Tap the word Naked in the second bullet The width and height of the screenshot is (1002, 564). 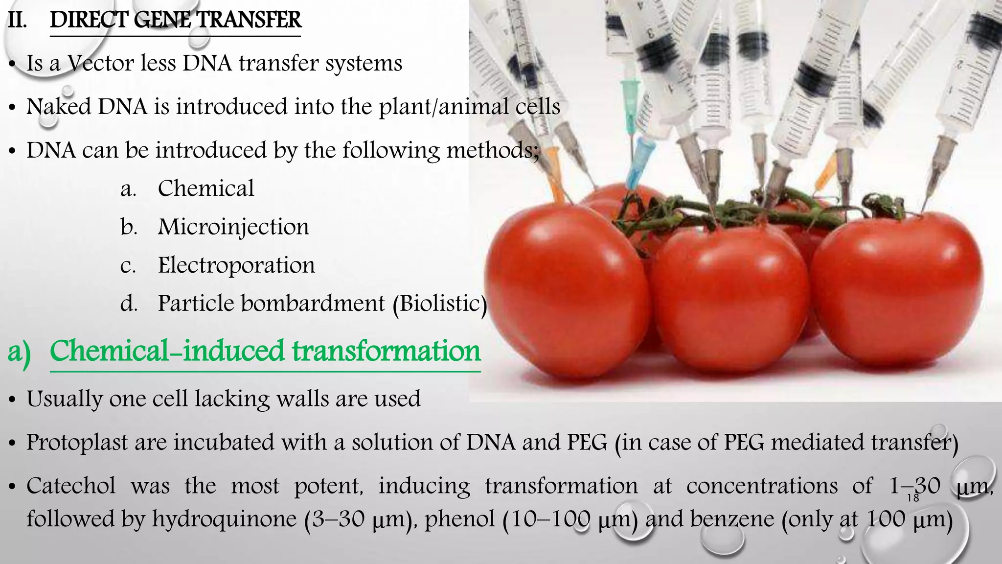tap(59, 107)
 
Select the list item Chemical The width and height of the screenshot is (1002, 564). tap(205, 188)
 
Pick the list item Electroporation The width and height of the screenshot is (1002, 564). tap(236, 265)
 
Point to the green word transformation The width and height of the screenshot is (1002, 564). tap(387, 352)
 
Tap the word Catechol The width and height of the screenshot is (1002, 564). tap(71, 486)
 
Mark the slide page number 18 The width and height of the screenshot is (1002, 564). tap(913, 498)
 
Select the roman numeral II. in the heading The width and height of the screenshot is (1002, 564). tap(18, 21)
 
